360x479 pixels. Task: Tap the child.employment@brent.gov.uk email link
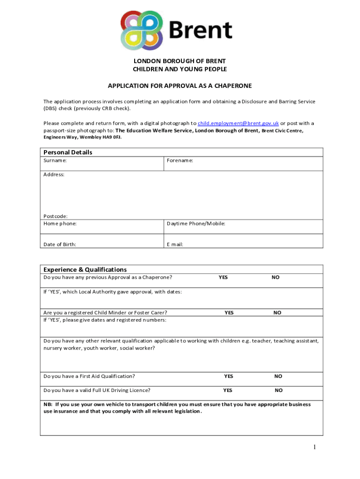(x=238, y=123)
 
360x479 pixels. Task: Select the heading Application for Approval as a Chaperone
(x=180, y=86)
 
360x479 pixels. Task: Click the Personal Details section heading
(x=68, y=152)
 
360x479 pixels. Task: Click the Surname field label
(x=55, y=160)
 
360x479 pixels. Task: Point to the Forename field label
(x=180, y=160)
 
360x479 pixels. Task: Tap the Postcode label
(x=55, y=216)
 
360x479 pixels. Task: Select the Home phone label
(x=60, y=224)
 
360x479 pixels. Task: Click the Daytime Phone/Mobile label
(x=196, y=224)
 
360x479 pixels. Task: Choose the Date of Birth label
(x=60, y=244)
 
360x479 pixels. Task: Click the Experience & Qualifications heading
(x=85, y=269)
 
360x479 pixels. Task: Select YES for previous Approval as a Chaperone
(x=223, y=277)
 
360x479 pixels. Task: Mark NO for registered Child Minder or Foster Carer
(x=277, y=312)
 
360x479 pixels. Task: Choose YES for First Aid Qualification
(x=229, y=376)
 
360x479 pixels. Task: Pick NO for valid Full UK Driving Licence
(x=279, y=390)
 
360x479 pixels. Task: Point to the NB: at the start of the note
(x=48, y=404)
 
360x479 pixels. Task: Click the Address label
(x=54, y=174)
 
